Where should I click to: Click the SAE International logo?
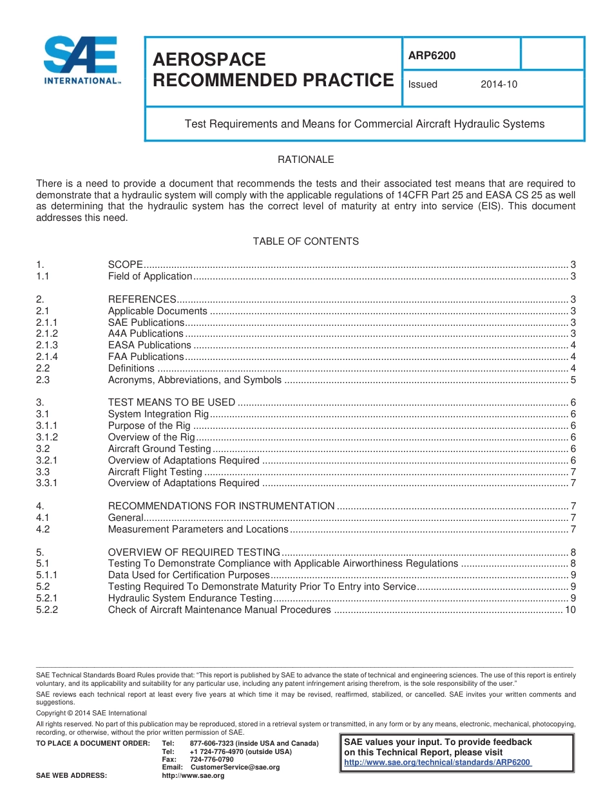[81, 60]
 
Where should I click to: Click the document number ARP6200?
[432, 56]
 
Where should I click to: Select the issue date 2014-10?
[499, 84]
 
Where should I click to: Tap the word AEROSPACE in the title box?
[209, 60]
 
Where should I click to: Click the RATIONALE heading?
[305, 160]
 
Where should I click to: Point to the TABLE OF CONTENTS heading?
[305, 241]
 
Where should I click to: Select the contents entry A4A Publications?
[146, 334]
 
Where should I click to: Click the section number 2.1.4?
[47, 357]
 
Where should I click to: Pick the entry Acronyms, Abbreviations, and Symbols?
[195, 380]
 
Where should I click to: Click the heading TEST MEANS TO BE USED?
[171, 403]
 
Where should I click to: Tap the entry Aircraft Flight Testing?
[155, 472]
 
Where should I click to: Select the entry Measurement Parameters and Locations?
[198, 529]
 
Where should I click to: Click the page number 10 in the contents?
[570, 610]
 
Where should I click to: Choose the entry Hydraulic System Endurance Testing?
[190, 598]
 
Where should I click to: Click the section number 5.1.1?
[47, 575]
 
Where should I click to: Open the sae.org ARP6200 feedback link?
[438, 762]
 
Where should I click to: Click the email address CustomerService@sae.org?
[235, 768]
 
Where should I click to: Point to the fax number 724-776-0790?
[212, 760]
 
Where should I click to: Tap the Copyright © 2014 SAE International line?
[91, 713]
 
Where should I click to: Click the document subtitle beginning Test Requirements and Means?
[365, 124]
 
